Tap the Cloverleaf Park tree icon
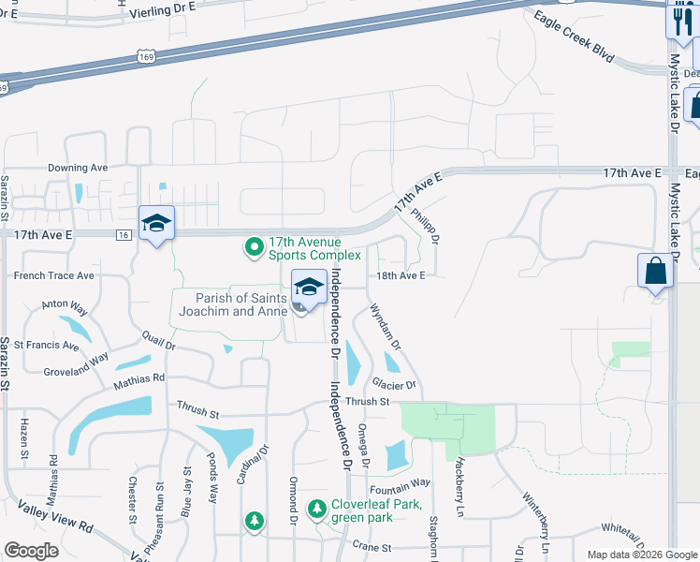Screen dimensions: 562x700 (317, 509)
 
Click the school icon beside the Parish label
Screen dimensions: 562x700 (310, 287)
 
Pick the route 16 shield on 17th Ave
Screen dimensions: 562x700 (124, 236)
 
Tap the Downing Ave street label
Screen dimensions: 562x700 (79, 168)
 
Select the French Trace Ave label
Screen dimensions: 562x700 (53, 275)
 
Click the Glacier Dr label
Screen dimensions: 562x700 (393, 385)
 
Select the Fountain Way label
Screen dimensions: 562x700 (400, 482)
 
